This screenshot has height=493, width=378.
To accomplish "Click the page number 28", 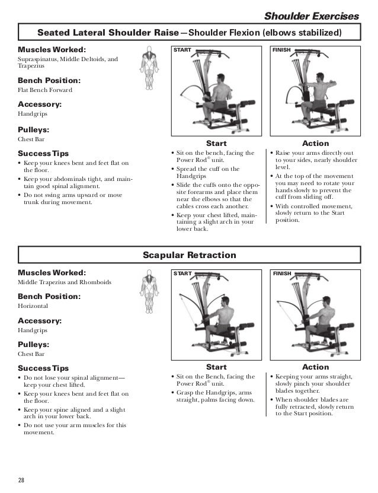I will click(x=21, y=479).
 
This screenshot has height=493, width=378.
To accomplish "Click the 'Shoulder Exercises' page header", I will click(x=311, y=14).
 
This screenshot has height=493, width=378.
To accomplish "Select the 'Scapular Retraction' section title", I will click(x=189, y=255).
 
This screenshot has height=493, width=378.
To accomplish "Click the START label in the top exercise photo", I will click(x=182, y=50).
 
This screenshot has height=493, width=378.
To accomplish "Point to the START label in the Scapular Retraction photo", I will click(x=182, y=273).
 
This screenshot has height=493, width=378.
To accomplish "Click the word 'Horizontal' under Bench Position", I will click(x=33, y=306).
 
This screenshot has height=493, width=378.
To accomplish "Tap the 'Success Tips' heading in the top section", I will click(x=43, y=153).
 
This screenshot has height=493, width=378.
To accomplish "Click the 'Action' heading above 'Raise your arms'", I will click(x=315, y=144).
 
